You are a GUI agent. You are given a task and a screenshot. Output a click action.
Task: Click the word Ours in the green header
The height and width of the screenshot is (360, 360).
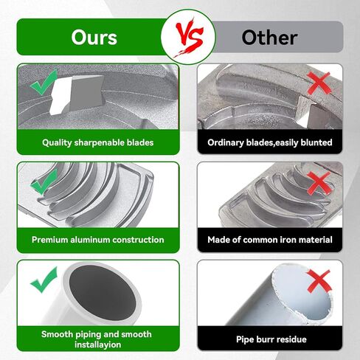tap(94, 38)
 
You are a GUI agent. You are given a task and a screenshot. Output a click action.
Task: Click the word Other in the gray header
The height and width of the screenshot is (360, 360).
tap(269, 38)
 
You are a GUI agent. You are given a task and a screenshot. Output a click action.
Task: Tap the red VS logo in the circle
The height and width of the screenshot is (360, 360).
tap(189, 37)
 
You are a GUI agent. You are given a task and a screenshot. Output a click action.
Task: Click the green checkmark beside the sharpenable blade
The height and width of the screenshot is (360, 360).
tap(44, 83)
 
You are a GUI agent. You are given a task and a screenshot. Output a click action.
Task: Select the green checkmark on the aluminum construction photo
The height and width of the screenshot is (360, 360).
tap(44, 181)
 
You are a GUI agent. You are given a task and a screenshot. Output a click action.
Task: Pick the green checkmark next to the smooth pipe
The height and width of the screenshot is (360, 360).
tap(44, 280)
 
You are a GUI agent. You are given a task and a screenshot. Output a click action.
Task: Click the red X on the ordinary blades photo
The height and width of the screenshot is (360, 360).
tap(319, 83)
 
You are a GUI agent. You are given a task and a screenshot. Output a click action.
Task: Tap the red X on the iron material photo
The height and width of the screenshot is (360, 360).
tap(319, 183)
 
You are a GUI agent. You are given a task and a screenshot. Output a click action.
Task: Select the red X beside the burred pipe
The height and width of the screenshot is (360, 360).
tap(319, 281)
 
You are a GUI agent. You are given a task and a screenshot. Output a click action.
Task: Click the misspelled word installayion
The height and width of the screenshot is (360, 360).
tap(98, 345)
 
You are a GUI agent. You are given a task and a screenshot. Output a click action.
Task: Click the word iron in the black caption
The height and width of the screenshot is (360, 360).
tap(286, 240)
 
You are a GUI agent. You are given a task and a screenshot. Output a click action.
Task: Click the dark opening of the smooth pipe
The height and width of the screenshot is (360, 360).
tap(103, 293)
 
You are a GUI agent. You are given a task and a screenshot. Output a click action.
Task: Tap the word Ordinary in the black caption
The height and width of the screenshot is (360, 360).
tap(226, 142)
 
